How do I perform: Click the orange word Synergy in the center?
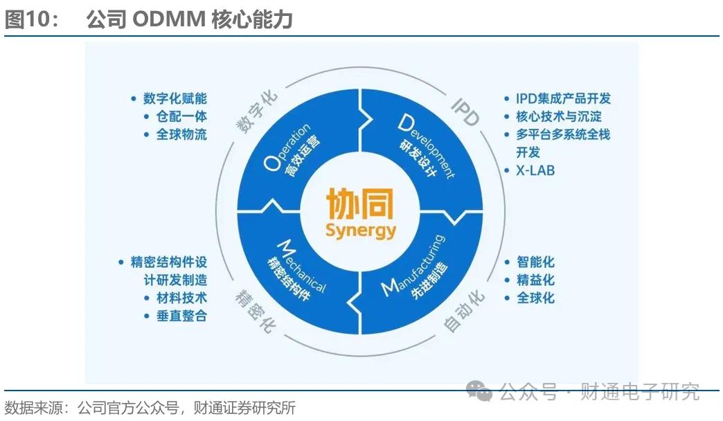pos(361,230)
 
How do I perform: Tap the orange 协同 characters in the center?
pos(359,204)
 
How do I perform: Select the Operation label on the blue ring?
pos(286,147)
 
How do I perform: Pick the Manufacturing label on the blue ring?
pos(413,267)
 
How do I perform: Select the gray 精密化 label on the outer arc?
pos(256,310)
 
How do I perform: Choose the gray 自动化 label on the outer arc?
pos(464,310)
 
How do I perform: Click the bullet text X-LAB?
pos(535,170)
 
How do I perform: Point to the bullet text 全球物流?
pos(181,134)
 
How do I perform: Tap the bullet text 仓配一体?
pos(181,116)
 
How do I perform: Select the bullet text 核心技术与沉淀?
pos(558,116)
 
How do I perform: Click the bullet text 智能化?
pos(535,262)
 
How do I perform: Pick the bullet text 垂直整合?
pos(181,316)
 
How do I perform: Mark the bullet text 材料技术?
pos(181,298)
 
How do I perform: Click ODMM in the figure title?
pos(169,19)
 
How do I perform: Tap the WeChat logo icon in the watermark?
pos(479,391)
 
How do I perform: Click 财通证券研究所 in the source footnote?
pos(244,408)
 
